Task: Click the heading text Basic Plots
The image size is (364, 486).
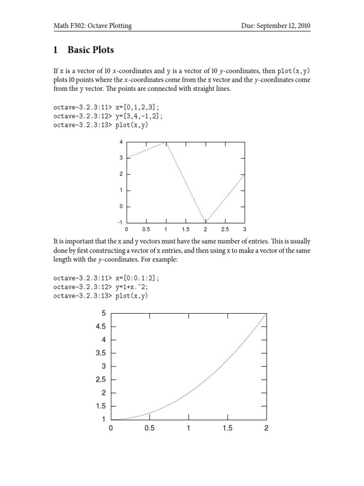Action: click(x=91, y=50)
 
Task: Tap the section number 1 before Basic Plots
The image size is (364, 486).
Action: click(x=55, y=50)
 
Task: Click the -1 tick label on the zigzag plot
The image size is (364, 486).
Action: click(x=121, y=222)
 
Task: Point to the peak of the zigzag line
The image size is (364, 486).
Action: click(x=166, y=142)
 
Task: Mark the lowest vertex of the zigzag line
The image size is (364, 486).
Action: click(x=206, y=222)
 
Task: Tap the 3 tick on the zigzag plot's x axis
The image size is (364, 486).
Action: click(x=245, y=229)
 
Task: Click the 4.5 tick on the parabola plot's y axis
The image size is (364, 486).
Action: click(x=100, y=327)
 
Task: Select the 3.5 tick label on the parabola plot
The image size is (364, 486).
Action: click(x=100, y=353)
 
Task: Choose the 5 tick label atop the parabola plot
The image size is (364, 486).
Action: click(x=103, y=313)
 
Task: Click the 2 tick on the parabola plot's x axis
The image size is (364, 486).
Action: click(x=266, y=428)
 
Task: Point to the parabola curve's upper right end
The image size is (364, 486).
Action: click(x=266, y=314)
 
